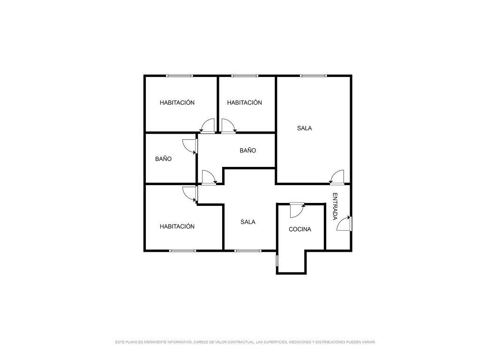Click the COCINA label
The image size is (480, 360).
300,229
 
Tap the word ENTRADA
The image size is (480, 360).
335,206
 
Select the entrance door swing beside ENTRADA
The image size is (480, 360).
344,224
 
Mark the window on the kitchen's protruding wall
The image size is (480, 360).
277,261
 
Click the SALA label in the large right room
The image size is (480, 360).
304,128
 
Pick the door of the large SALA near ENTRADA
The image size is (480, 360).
337,177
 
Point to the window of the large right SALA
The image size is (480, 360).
313,75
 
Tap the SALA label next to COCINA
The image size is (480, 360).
247,222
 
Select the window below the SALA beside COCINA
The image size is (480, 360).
248,251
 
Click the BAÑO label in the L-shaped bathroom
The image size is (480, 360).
247,150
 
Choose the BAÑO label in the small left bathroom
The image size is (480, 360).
163,159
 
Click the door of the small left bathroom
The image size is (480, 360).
190,146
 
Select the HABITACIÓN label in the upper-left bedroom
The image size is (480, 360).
177,103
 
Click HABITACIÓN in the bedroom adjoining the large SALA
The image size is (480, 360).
244,103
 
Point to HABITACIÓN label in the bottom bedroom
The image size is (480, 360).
177,226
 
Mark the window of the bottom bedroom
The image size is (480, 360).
182,251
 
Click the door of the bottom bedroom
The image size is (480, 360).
190,194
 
